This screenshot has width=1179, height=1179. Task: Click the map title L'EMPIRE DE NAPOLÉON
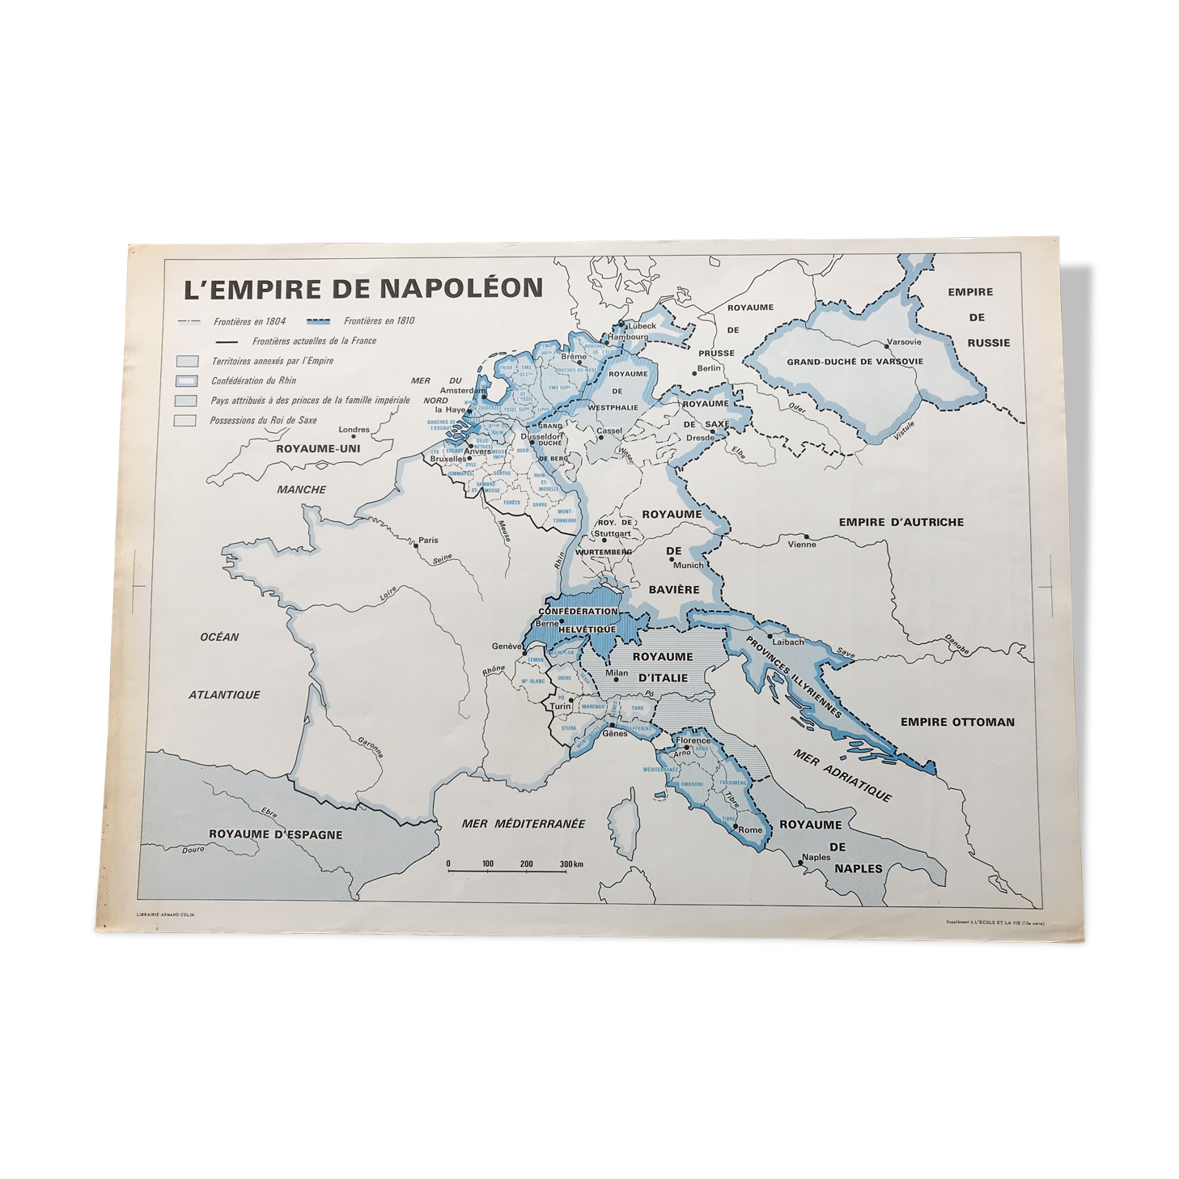tap(363, 288)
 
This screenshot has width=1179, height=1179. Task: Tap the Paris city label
tap(428, 540)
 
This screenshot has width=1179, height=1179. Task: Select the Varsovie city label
tap(903, 341)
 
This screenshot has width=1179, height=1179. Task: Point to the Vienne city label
tap(802, 544)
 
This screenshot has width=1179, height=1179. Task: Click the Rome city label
tap(750, 829)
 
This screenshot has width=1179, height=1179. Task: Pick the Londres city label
tap(354, 430)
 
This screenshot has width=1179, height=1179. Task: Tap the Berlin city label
tap(709, 368)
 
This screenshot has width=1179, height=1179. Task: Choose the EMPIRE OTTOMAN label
tap(956, 722)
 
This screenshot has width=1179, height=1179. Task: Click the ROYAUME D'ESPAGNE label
tap(275, 834)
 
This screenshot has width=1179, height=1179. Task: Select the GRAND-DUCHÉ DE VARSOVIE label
tap(855, 362)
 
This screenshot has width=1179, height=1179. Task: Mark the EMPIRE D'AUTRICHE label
tap(901, 522)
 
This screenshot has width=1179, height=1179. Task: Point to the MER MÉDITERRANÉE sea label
tap(523, 824)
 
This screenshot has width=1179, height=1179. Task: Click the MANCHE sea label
tap(301, 490)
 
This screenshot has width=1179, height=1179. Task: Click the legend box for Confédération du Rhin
tap(187, 381)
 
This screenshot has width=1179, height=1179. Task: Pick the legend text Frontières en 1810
tap(379, 320)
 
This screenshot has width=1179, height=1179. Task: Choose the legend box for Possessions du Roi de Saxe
tap(186, 421)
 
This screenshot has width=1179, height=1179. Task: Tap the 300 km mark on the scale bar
tap(571, 864)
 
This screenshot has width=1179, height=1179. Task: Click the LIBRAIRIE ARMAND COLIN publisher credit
tap(166, 915)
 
